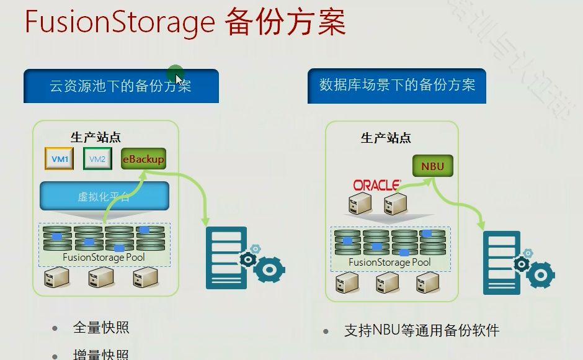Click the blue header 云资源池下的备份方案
(121, 86)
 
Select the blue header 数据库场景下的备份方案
(397, 85)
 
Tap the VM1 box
(60, 159)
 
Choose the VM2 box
(97, 159)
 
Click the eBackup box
(143, 159)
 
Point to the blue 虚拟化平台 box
(104, 197)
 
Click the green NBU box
(432, 166)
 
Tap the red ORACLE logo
(375, 185)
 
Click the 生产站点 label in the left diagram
(96, 138)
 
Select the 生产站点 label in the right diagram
(386, 138)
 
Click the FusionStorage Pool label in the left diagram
(104, 256)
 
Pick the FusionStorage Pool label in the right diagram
(389, 262)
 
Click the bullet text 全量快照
(101, 328)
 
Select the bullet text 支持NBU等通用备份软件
(422, 331)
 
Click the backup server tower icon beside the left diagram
(226, 258)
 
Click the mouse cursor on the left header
(178, 78)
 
